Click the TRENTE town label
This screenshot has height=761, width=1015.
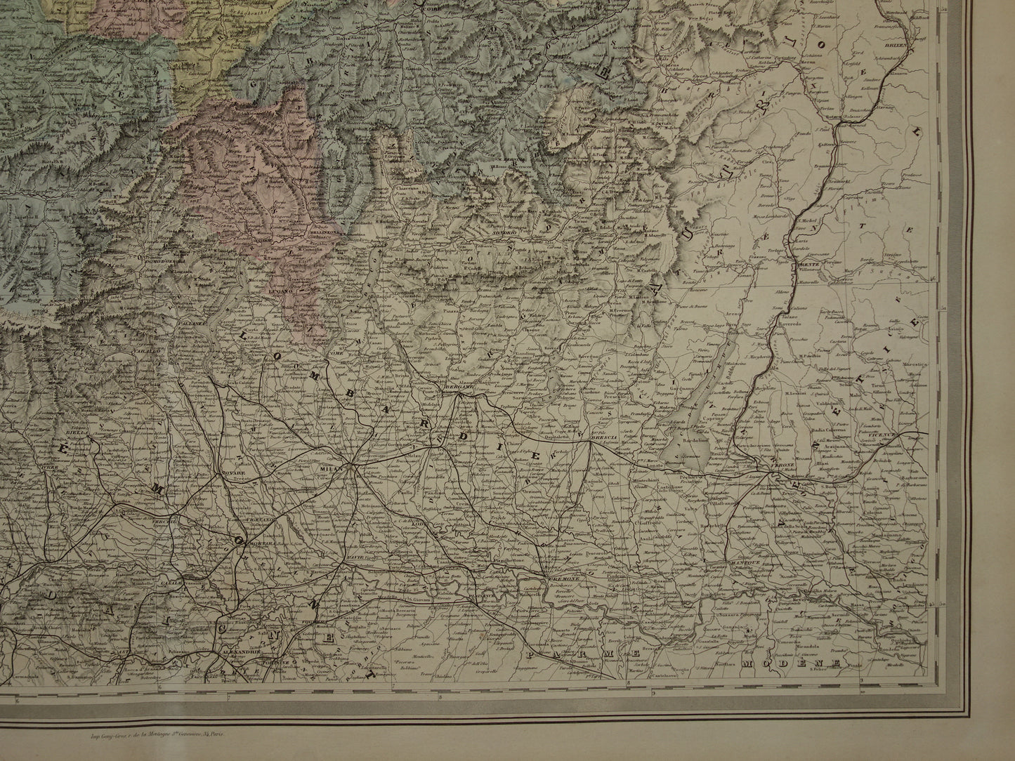coord(810,263)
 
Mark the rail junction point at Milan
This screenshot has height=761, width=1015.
coord(354,464)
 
